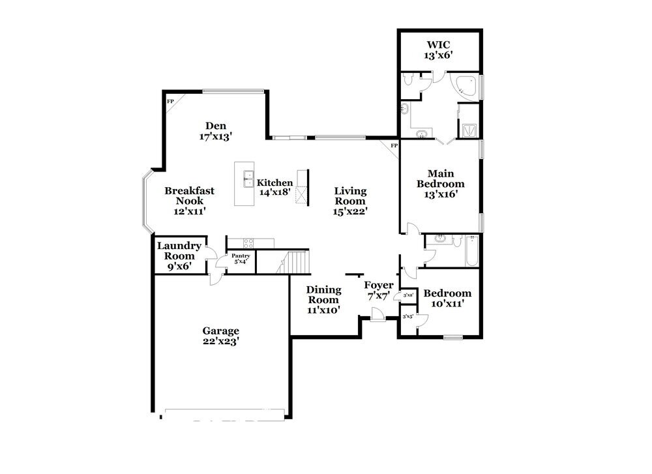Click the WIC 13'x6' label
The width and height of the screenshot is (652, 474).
pos(439,50)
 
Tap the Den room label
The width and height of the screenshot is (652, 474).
pos(216,131)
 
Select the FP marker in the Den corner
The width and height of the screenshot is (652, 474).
pos(171,102)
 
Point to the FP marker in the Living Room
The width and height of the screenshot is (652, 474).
pos(394,145)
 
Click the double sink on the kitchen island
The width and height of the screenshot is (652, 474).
pos(248,179)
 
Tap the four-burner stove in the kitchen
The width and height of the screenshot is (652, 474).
pos(248,243)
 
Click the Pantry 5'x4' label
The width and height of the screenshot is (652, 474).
pos(241,259)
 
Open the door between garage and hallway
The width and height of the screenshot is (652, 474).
pos(214,278)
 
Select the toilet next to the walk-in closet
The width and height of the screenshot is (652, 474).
pos(408,80)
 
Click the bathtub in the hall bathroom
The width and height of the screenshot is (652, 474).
pos(472,252)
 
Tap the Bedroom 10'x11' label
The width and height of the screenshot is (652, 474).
pos(447,299)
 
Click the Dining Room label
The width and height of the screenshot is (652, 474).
pos(323,300)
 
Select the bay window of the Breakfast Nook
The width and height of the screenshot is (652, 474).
pos(147,202)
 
